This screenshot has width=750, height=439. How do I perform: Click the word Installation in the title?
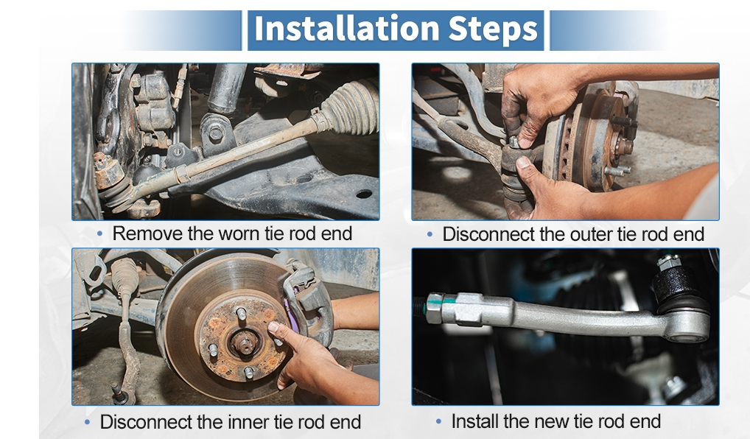coord(347,29)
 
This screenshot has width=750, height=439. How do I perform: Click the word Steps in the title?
coord(493,29)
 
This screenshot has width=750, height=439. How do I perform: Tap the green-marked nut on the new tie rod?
coord(435,309)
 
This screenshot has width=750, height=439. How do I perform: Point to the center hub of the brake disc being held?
coord(244,343)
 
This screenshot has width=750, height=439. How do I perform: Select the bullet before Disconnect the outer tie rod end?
coord(430,234)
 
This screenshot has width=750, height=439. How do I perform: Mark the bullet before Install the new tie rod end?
coord(438,422)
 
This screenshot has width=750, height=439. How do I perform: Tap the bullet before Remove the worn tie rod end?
coord(99,233)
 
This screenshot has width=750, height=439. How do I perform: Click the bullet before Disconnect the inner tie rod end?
coord(87,422)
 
